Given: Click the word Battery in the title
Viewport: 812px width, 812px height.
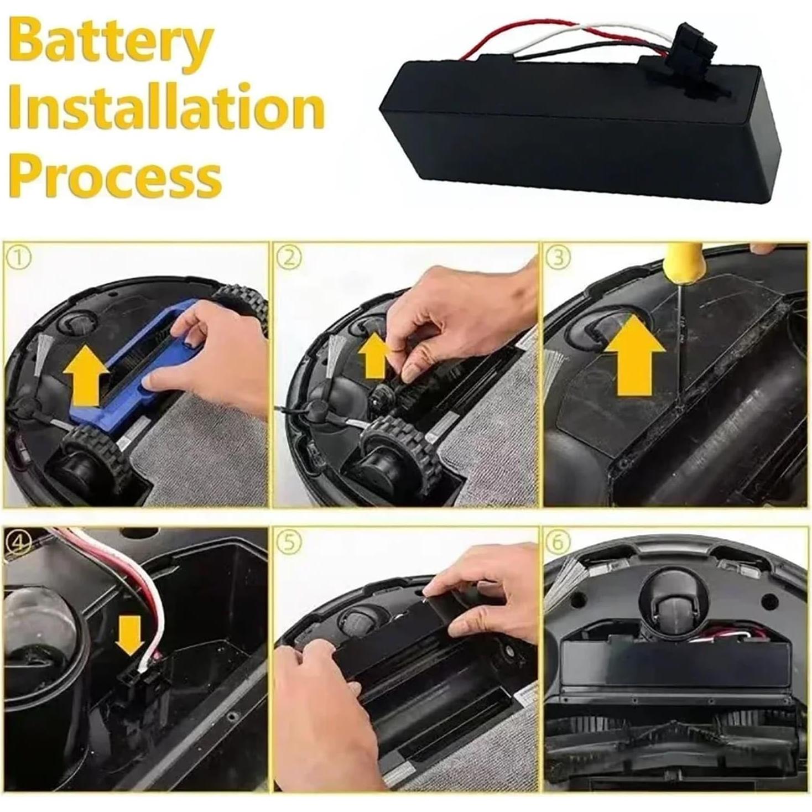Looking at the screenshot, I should (111, 41).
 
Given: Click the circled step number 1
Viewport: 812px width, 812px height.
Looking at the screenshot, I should (19, 258).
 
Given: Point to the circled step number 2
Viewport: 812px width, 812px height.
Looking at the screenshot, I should (289, 258).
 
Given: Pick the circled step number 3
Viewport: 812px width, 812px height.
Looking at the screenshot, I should (558, 258).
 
